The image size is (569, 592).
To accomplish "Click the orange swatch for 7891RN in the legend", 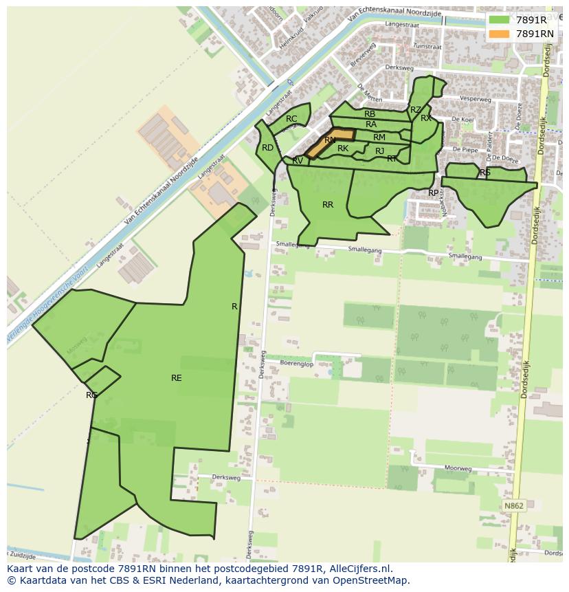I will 500,34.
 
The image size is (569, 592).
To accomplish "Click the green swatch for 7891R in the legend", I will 500,20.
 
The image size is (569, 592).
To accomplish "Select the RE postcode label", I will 177,377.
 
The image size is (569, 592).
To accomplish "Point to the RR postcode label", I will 328,205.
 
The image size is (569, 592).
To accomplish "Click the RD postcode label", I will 267,148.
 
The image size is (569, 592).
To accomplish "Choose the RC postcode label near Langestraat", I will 291,119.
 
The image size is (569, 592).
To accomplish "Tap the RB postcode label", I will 370,114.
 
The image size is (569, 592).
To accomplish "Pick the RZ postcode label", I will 415,110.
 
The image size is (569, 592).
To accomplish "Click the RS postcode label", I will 485,173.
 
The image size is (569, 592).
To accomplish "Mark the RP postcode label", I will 433,193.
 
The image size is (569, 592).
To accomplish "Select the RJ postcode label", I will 379,151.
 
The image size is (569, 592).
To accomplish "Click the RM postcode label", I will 379,138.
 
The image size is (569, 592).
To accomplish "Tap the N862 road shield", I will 513,506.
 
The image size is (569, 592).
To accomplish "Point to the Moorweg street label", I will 458,468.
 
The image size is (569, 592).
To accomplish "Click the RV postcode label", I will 298,161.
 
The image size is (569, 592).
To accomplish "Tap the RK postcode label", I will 343,149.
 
